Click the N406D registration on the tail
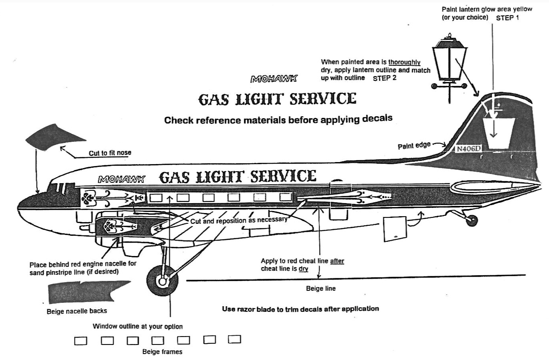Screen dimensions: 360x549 pos(468,149)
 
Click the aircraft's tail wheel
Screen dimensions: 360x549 pos(472,220)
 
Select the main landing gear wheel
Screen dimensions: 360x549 pos(162,281)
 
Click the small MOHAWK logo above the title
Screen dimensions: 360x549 pos(274,79)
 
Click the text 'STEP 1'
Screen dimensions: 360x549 pos(507,18)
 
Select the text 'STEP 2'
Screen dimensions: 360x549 pos(384,78)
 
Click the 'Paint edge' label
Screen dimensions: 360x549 pos(414,146)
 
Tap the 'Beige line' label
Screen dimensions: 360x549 pos(321,288)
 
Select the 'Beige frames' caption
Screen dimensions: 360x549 pos(162,352)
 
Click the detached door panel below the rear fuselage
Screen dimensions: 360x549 pos(395,229)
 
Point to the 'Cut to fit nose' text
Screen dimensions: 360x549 pos(110,153)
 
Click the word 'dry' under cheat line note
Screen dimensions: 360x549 pos(303,269)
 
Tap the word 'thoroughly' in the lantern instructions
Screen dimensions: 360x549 pos(404,62)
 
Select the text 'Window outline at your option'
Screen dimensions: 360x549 pos(137,327)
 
